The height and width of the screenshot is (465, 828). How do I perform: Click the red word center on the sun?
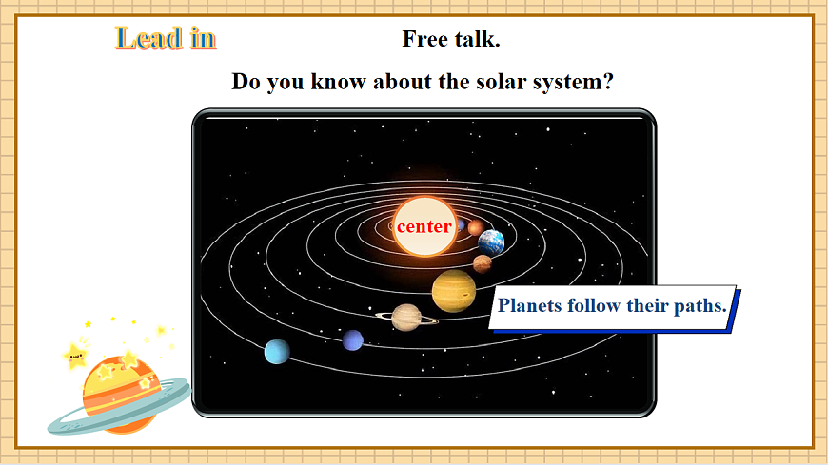click(424, 227)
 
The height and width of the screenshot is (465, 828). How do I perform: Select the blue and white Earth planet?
click(491, 242)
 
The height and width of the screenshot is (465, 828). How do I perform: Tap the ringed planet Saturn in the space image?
click(406, 317)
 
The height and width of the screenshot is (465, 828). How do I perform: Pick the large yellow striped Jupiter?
click(454, 290)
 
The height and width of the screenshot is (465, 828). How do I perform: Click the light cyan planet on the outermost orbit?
click(277, 352)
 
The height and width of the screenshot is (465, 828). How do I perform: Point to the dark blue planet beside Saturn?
click(353, 339)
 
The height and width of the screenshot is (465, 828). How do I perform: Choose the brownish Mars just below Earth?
click(483, 263)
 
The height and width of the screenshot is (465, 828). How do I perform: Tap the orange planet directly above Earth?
click(475, 227)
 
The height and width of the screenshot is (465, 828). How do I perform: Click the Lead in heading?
click(166, 38)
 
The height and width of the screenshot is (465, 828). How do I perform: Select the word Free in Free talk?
click(425, 39)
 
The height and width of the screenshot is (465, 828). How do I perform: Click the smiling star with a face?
click(76, 358)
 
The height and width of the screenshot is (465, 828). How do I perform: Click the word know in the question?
click(340, 81)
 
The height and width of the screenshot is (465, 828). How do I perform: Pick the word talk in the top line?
click(477, 39)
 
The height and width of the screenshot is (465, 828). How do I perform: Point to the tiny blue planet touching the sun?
click(461, 226)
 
